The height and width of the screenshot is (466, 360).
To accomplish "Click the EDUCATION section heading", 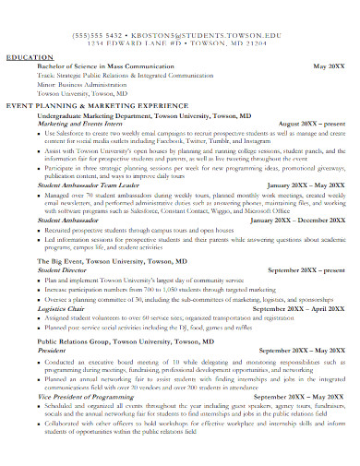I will pos(30,57).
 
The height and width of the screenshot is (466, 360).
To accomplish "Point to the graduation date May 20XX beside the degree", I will pos(328,67).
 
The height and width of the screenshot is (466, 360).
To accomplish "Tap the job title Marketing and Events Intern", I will pos(90,124).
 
